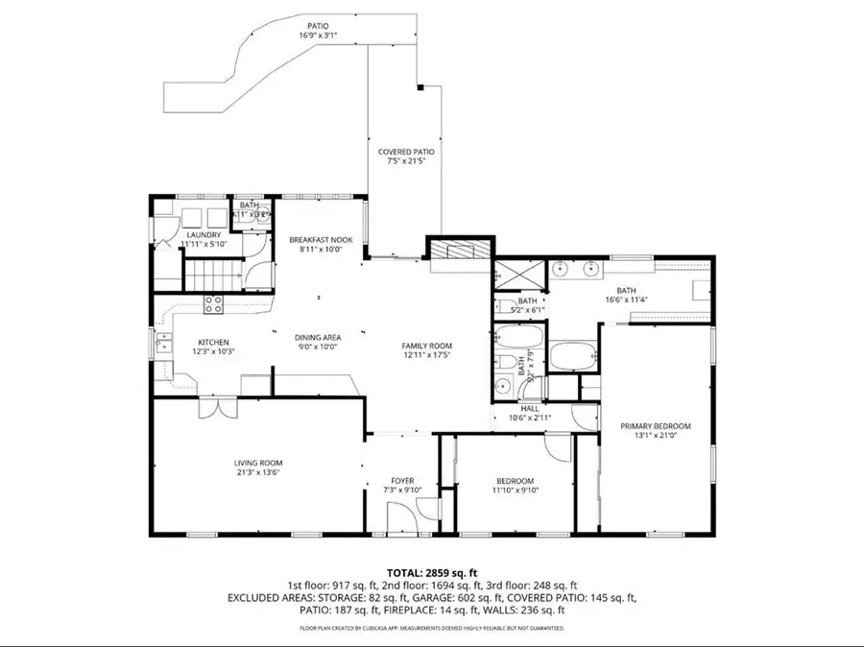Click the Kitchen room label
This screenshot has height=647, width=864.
[213, 342]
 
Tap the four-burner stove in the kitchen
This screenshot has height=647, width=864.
[213, 305]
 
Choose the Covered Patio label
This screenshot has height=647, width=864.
[405, 152]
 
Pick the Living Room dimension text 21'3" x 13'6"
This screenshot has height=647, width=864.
[258, 471]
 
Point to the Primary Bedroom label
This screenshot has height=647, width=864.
[655, 426]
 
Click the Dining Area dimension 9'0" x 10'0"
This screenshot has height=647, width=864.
[317, 347]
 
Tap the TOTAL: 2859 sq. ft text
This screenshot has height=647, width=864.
[431, 571]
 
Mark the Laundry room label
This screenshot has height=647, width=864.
[204, 235]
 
